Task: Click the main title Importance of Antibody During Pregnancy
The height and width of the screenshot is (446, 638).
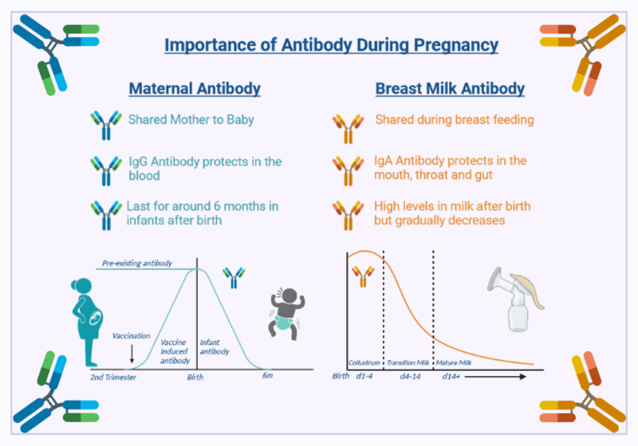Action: (331, 45)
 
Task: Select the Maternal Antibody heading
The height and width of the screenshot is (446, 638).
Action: (195, 88)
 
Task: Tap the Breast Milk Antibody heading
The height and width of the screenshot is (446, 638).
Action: (450, 88)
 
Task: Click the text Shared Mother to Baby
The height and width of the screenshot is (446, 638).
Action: (191, 120)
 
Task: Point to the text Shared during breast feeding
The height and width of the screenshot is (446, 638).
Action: (455, 120)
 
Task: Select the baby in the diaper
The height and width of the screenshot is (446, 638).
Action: (285, 311)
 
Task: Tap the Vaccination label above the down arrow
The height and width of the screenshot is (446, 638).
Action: (131, 335)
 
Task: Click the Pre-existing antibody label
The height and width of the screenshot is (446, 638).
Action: (136, 263)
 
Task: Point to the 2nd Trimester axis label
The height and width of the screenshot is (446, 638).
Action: (112, 377)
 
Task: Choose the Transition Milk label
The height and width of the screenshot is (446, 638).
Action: (408, 362)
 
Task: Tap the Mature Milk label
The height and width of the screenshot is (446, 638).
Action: (454, 362)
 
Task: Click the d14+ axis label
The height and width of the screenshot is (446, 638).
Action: (451, 376)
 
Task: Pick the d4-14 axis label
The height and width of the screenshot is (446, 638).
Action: (410, 376)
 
